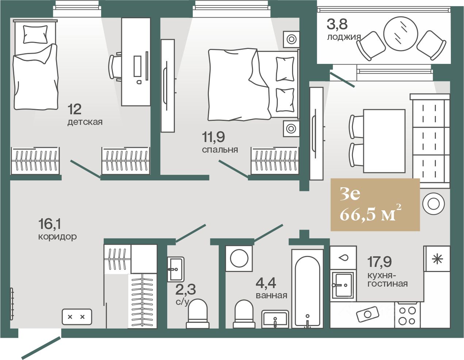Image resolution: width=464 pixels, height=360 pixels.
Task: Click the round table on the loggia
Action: (x=400, y=34)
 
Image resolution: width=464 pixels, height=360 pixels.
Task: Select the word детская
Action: (x=85, y=122)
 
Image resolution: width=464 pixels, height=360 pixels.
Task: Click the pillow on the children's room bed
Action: (x=35, y=34)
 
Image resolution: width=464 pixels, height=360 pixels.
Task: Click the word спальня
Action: (x=220, y=150)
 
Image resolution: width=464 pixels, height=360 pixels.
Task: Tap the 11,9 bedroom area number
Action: (x=213, y=137)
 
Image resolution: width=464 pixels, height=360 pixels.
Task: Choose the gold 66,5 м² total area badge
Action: (x=375, y=204)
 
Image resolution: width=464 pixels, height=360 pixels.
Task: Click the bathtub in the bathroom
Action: (x=307, y=288)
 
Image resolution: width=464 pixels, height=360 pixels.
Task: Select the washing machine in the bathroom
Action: (x=239, y=258)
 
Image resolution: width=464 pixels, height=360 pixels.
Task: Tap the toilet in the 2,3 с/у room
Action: (x=198, y=314)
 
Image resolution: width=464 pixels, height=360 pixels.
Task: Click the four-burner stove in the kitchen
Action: (x=407, y=315)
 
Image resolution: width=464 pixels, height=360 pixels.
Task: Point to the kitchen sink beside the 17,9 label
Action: (x=344, y=285)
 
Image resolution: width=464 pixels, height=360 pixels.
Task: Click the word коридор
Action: (x=57, y=237)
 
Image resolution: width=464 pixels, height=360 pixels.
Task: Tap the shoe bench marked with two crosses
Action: (x=77, y=317)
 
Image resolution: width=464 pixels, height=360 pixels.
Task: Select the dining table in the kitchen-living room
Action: (x=384, y=141)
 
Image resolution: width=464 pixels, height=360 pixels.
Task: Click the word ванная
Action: (x=271, y=296)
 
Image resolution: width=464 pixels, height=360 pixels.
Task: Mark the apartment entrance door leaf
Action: (x=41, y=348)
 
